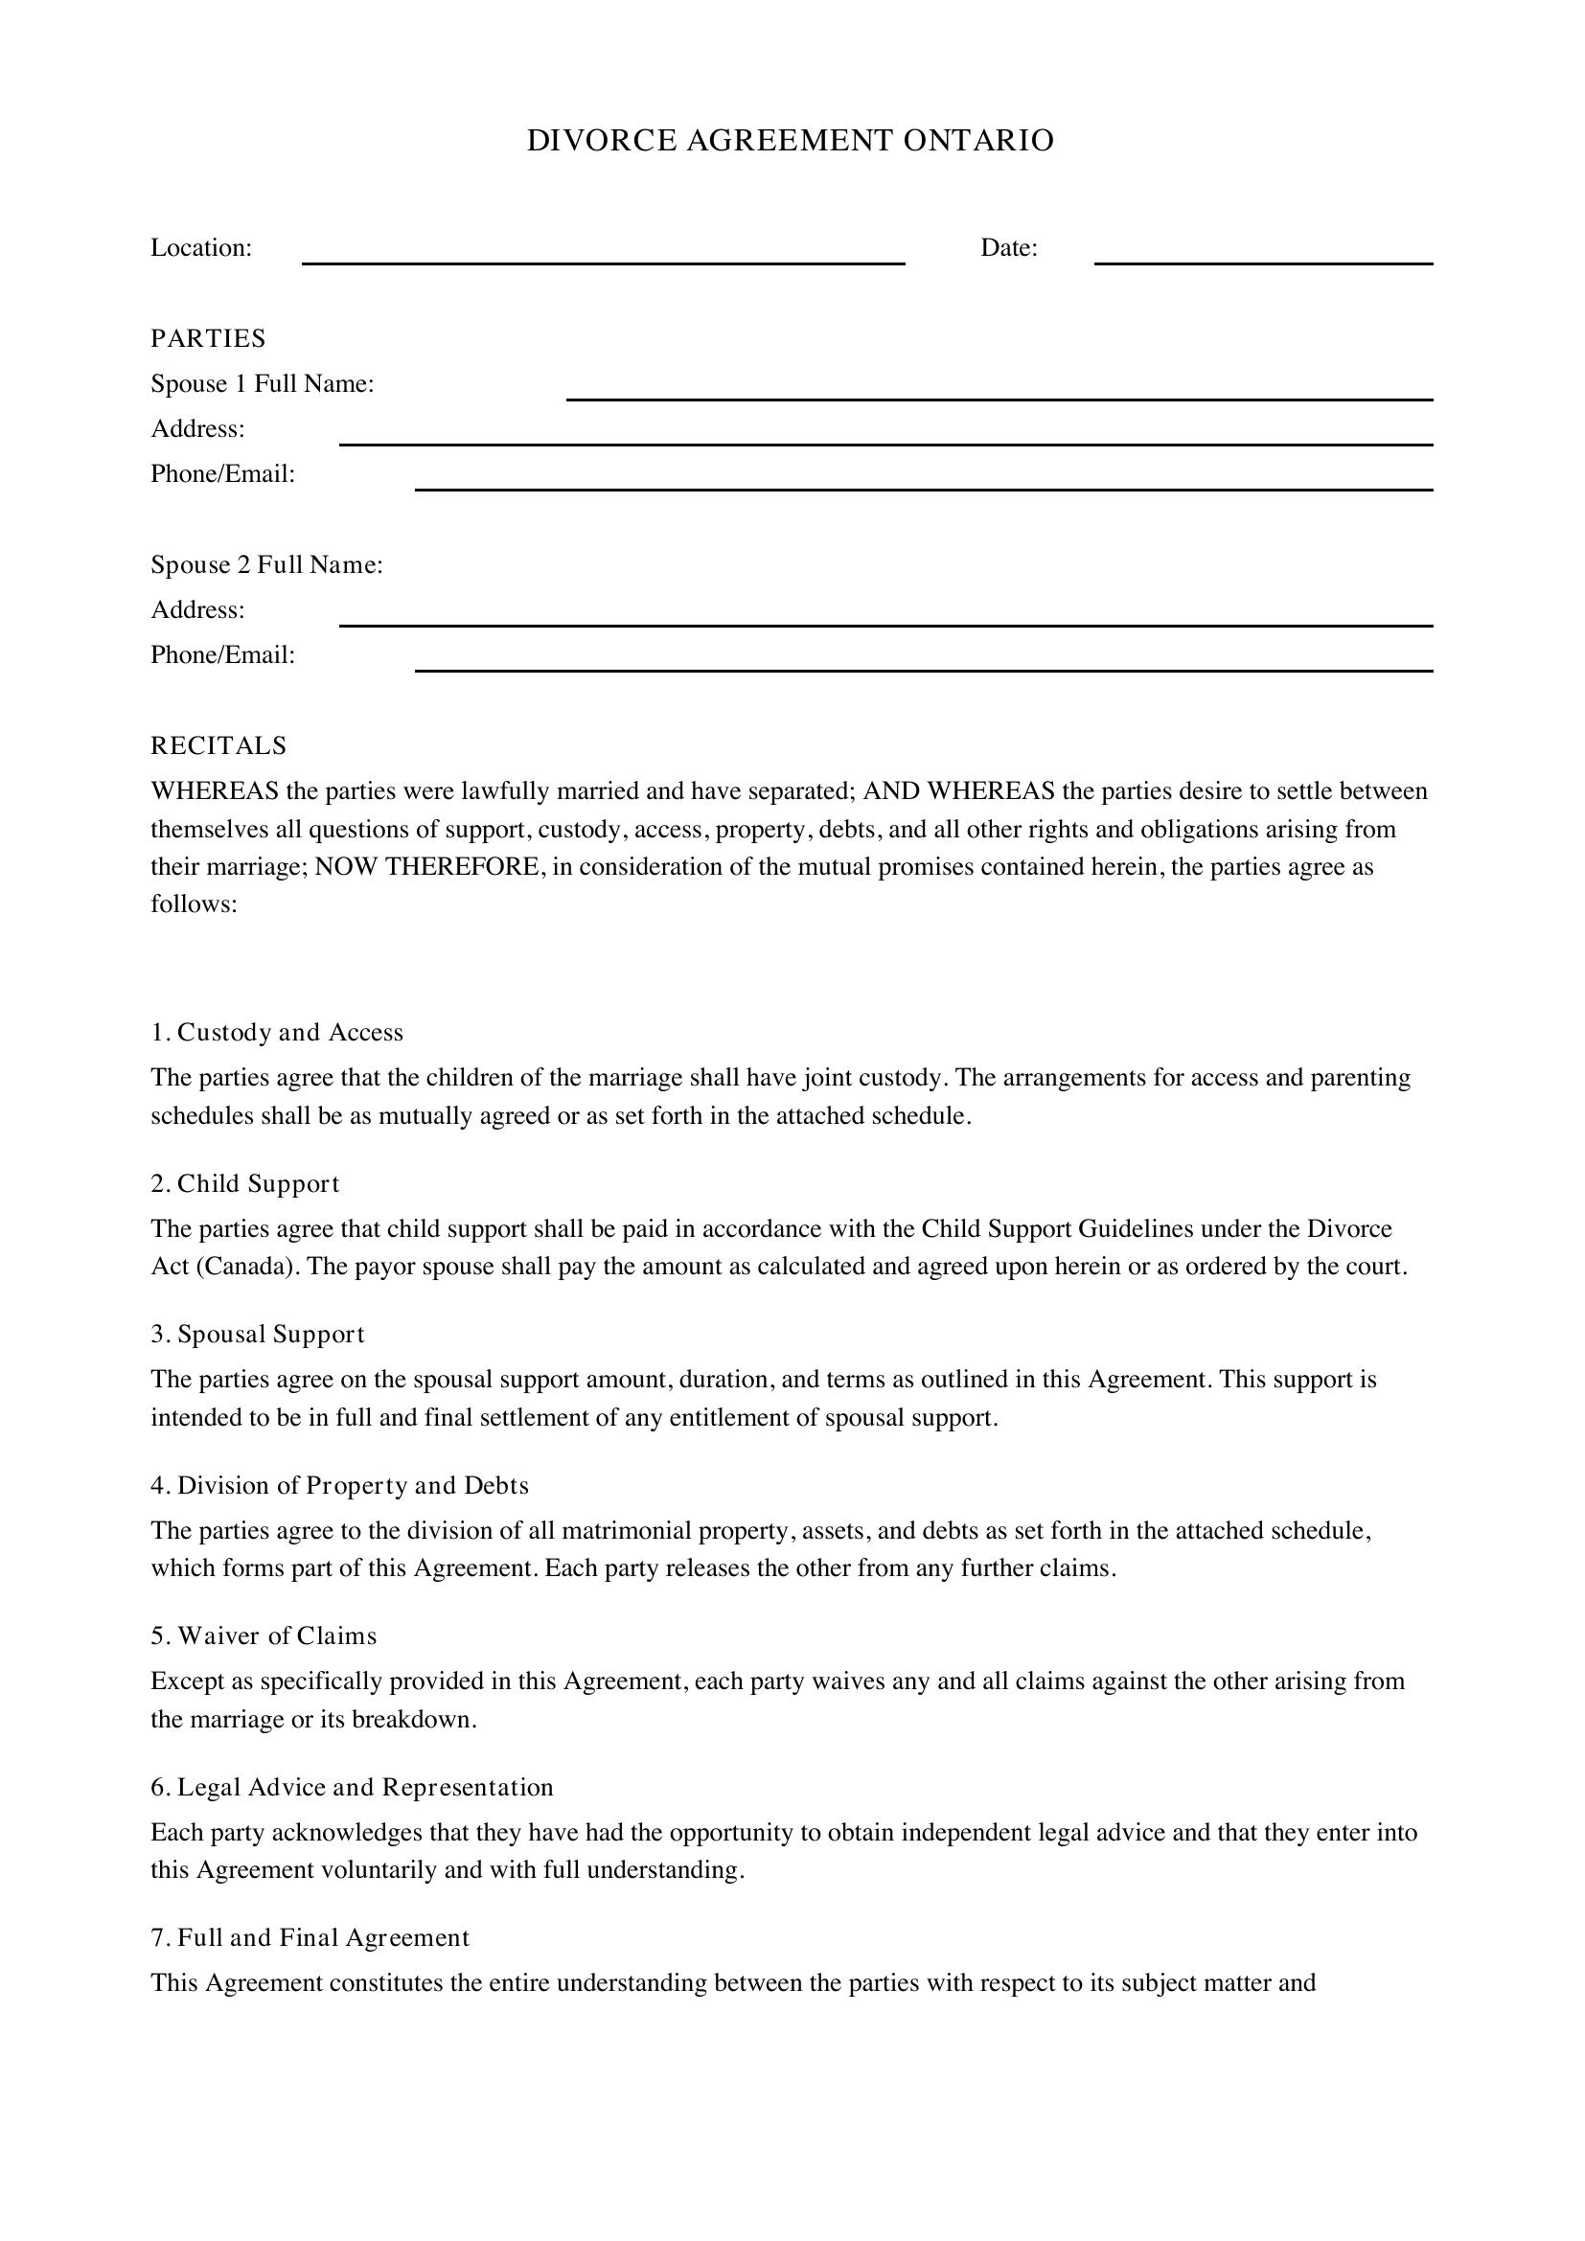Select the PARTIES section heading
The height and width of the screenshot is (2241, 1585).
point(208,338)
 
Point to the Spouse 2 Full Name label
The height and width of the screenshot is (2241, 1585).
point(266,565)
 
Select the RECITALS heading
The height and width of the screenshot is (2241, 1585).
point(218,745)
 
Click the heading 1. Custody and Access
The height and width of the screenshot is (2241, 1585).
point(277,1033)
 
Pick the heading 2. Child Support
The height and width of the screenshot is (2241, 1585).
point(245,1184)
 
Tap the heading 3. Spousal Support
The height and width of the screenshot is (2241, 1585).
point(258,1335)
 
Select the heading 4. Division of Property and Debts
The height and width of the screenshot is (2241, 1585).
point(339,1486)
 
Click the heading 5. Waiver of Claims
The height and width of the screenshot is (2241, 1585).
point(264,1635)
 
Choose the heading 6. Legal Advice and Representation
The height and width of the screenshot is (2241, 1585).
point(352,1787)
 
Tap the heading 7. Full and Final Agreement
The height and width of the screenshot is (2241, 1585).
point(310,1937)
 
